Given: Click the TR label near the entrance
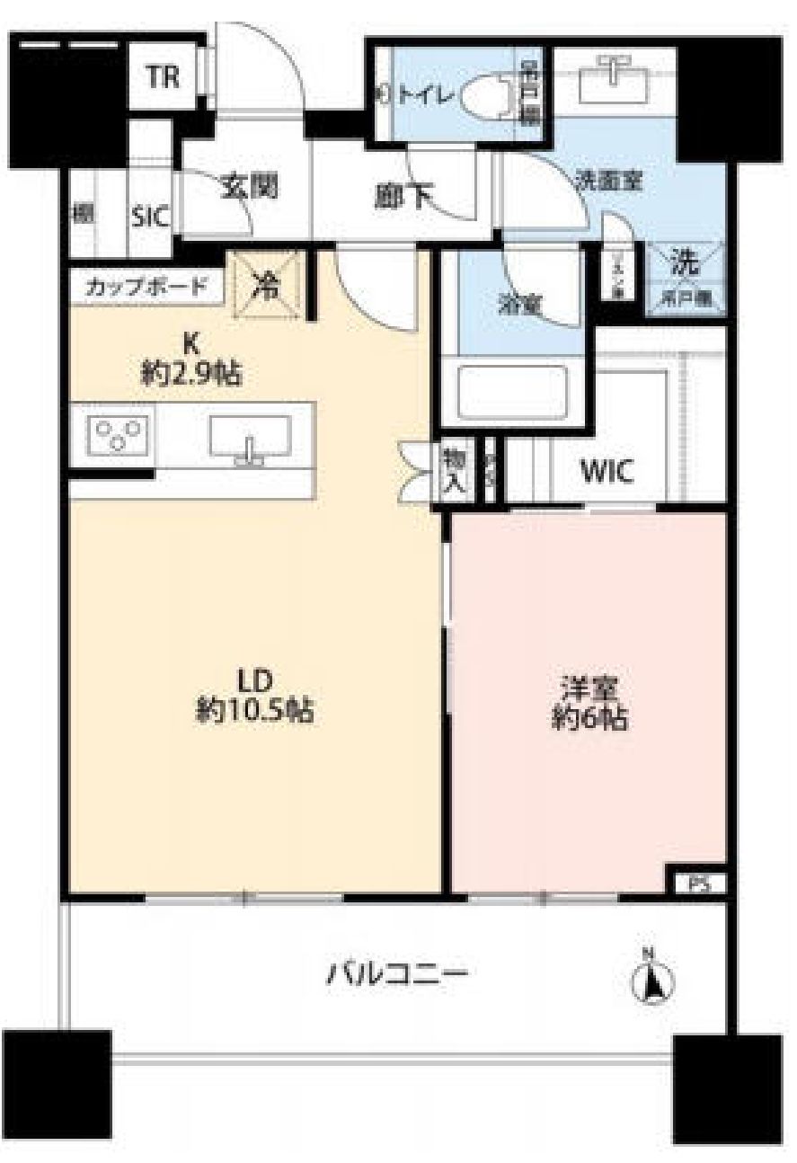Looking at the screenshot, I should [163, 78].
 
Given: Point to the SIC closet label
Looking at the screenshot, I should [151, 218].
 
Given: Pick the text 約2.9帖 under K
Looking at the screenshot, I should [189, 372].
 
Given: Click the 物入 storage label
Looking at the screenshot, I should [452, 469].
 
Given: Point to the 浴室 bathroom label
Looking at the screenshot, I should [518, 302].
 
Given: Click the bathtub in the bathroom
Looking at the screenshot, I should [512, 392].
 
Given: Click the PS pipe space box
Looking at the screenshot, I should [698, 883].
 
